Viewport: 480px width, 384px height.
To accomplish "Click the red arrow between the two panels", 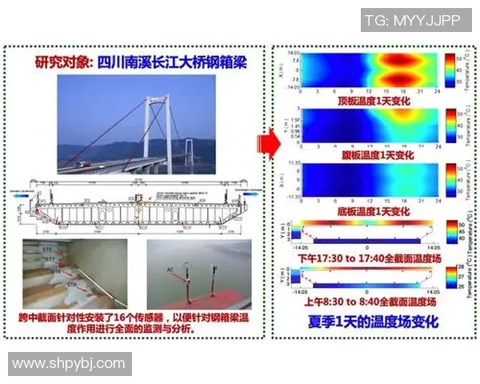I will point(266,144).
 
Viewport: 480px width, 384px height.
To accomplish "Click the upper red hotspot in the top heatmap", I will point(396,60).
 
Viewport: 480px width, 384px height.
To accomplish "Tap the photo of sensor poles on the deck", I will point(198,274).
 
